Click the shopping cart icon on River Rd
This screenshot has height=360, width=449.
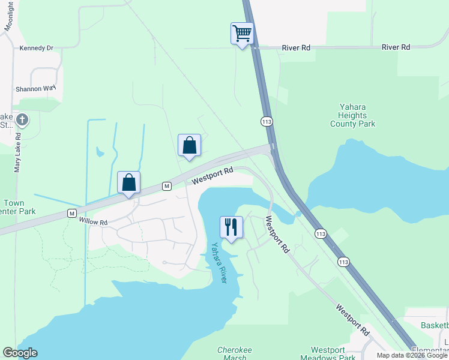[x=242, y=33]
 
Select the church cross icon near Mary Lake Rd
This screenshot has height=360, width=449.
[x=22, y=120]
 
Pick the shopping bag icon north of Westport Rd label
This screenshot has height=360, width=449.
[x=189, y=145]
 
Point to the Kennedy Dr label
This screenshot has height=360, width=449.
[x=36, y=47]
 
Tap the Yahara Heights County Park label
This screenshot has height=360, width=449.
[x=352, y=116]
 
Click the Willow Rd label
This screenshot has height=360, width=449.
[x=93, y=222]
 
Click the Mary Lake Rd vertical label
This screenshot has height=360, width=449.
[x=18, y=152]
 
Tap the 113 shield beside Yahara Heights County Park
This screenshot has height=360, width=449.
[x=266, y=122]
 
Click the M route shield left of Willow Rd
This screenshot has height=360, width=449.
[x=72, y=213]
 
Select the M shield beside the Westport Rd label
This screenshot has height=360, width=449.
[x=167, y=187]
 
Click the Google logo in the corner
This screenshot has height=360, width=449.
[x=20, y=353]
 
